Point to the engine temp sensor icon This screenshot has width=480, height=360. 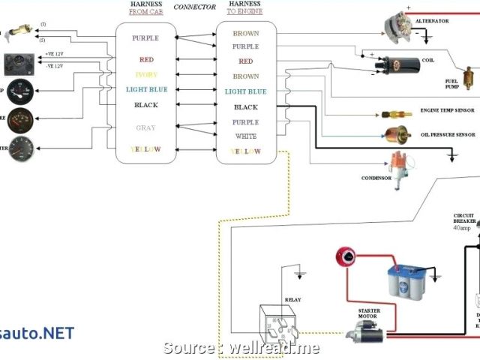pyautogui.click(x=396, y=115)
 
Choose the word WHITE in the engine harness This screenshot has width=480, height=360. pyautogui.click(x=246, y=136)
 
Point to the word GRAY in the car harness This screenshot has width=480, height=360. pyautogui.click(x=145, y=127)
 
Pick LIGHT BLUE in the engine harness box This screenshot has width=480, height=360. pyautogui.click(x=246, y=91)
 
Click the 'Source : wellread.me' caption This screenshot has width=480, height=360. pyautogui.click(x=241, y=327)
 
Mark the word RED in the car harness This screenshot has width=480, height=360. pyautogui.click(x=145, y=60)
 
